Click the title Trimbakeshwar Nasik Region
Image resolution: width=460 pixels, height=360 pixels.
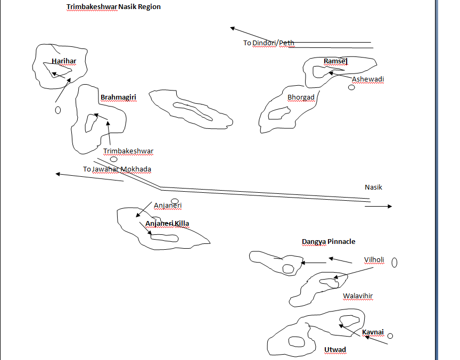(113, 7)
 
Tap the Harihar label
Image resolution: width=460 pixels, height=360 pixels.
(64, 61)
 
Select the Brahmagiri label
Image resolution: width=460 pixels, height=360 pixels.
(118, 97)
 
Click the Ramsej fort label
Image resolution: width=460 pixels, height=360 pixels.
(335, 62)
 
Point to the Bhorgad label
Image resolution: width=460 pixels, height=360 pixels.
(301, 97)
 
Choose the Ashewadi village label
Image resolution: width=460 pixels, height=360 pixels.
(368, 79)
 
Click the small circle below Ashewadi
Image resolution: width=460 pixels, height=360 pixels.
(351, 87)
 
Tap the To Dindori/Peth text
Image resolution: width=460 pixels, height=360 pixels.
(269, 43)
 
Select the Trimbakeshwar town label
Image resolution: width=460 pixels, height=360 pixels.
(128, 151)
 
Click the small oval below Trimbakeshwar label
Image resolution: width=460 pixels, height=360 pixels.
(113, 159)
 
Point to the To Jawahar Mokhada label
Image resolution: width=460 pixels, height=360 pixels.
(117, 169)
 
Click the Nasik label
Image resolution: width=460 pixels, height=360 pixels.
(373, 187)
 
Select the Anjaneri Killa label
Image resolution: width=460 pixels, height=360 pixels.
(167, 224)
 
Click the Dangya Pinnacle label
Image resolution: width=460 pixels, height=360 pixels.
(328, 242)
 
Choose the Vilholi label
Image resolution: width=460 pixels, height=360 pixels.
(374, 260)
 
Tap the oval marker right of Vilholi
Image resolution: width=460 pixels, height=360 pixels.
(395, 262)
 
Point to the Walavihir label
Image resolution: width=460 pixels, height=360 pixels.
(358, 296)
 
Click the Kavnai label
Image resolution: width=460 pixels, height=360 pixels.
(373, 332)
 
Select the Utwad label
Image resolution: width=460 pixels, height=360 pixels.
(335, 350)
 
